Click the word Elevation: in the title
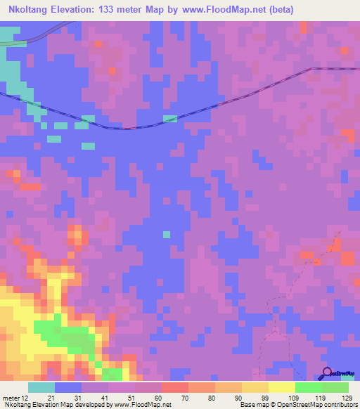tap(79, 9)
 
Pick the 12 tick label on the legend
tap(26, 397)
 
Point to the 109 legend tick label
tap(295, 397)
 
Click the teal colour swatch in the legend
tap(41, 387)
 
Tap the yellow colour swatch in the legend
tap(282, 387)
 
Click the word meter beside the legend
tap(11, 397)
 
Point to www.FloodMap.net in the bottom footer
tap(143, 405)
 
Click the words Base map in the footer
tap(255, 405)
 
